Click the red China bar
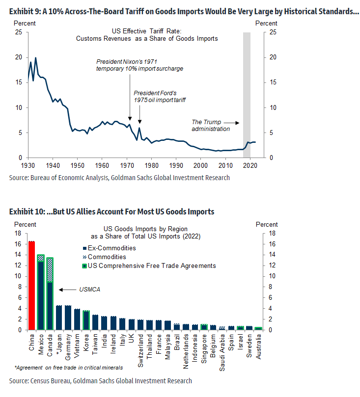[x=31, y=285]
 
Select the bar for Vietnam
[x=77, y=319]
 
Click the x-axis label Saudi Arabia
[x=222, y=348]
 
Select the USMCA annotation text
[x=90, y=290]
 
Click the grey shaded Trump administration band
[x=247, y=93]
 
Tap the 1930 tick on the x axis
[x=29, y=165]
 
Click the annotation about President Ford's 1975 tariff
[x=160, y=97]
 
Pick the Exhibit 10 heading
[x=111, y=212]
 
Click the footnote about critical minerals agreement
[x=68, y=367]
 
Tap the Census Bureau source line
[x=100, y=381]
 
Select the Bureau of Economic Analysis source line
[x=119, y=178]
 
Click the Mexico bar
[x=41, y=291]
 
